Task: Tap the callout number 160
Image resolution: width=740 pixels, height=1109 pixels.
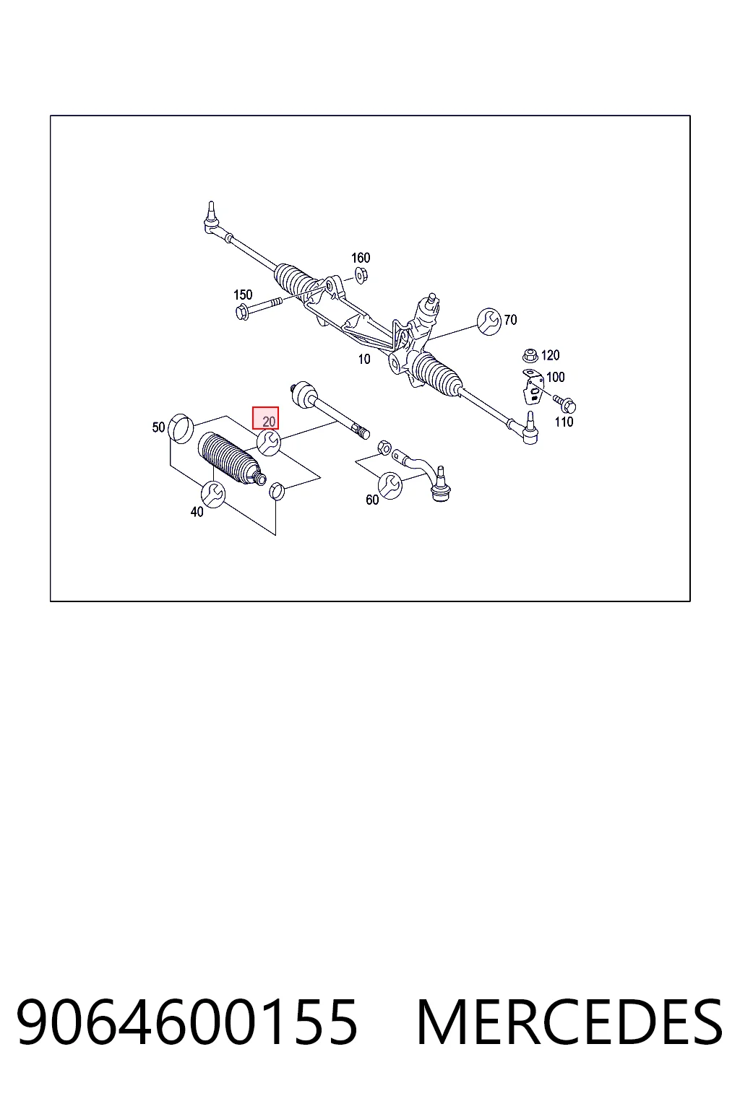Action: point(361,258)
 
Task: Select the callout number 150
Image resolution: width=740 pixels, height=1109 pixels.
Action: point(243,295)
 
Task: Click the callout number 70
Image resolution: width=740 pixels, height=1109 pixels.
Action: point(510,320)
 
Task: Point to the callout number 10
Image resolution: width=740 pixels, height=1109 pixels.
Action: point(364,360)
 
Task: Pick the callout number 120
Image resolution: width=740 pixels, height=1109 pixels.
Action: point(550,355)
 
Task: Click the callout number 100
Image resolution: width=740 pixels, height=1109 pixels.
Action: point(555,377)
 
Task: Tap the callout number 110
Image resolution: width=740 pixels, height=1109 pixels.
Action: point(564,422)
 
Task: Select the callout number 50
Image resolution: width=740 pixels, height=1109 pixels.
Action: point(158,427)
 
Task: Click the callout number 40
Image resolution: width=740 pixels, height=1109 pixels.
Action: point(197,512)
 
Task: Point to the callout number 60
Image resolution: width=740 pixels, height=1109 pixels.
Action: point(372,500)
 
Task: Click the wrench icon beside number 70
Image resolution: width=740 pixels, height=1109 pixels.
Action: point(489,321)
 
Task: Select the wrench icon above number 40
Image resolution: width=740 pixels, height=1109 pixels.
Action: point(213,494)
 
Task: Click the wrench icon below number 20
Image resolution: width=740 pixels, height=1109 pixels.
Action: point(269,442)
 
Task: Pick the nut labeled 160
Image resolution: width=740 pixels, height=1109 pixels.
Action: point(361,275)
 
